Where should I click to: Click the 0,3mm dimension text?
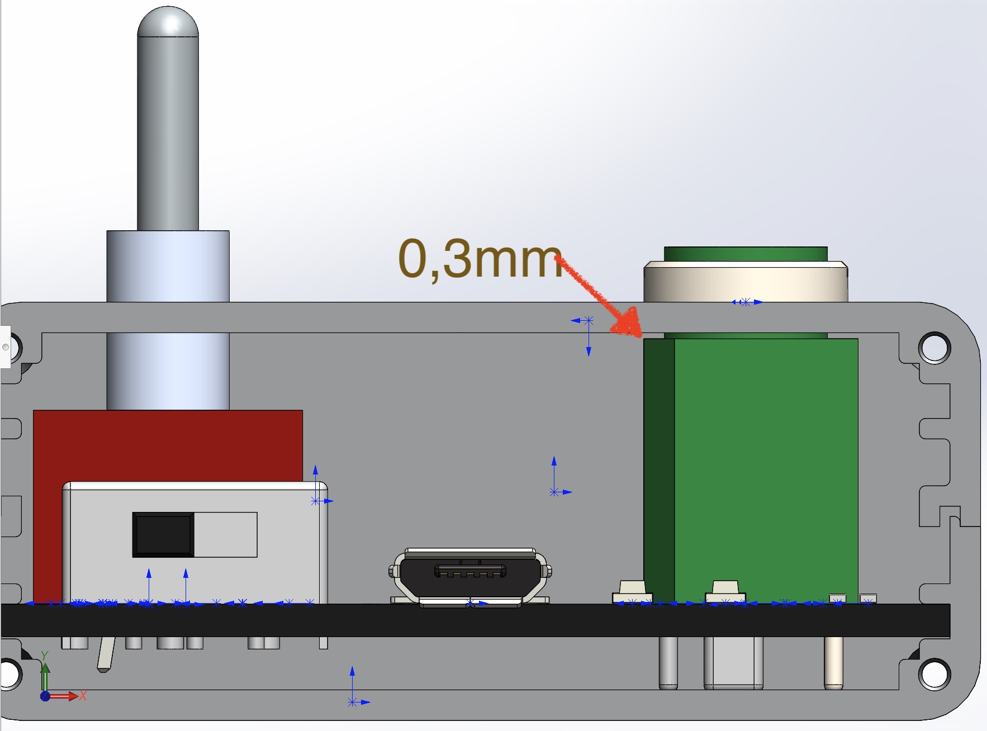pyautogui.click(x=480, y=259)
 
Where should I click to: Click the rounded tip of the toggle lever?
pyautogui.click(x=168, y=22)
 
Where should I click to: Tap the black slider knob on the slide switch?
pyautogui.click(x=163, y=535)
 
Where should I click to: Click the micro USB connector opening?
pyautogui.click(x=470, y=571)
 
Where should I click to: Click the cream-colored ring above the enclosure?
pyautogui.click(x=746, y=282)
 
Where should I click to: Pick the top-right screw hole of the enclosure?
pyautogui.click(x=934, y=348)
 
